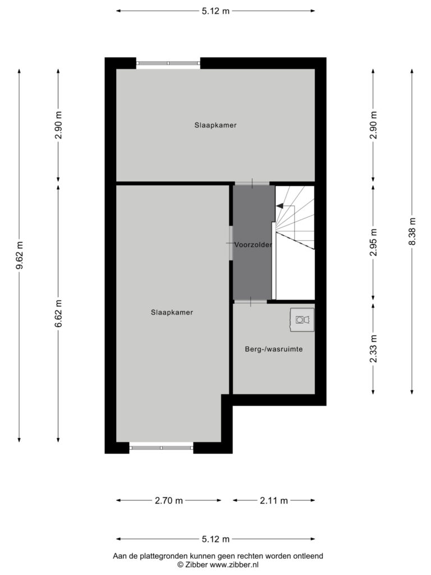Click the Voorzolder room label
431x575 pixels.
[x=253, y=245]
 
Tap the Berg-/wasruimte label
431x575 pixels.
[x=274, y=349]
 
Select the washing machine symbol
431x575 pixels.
[x=302, y=320]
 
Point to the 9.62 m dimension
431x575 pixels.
[x=20, y=255]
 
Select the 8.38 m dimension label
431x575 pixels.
[x=412, y=232]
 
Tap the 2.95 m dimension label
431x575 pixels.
[x=373, y=243]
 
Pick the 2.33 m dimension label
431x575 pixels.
[x=373, y=348]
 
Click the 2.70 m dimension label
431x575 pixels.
[x=168, y=500]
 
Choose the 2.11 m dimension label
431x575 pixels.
[x=274, y=500]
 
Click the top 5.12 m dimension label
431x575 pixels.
[x=215, y=11]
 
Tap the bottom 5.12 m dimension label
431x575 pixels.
[x=215, y=539]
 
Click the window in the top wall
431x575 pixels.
[x=168, y=63]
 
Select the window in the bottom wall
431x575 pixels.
[x=161, y=448]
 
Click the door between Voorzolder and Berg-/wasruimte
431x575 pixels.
[x=251, y=302]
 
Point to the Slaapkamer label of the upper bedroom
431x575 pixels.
[x=215, y=125]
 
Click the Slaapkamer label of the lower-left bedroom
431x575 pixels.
[x=172, y=312]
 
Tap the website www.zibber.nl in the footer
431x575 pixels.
[x=234, y=565]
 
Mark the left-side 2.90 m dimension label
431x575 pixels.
[x=58, y=125]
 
